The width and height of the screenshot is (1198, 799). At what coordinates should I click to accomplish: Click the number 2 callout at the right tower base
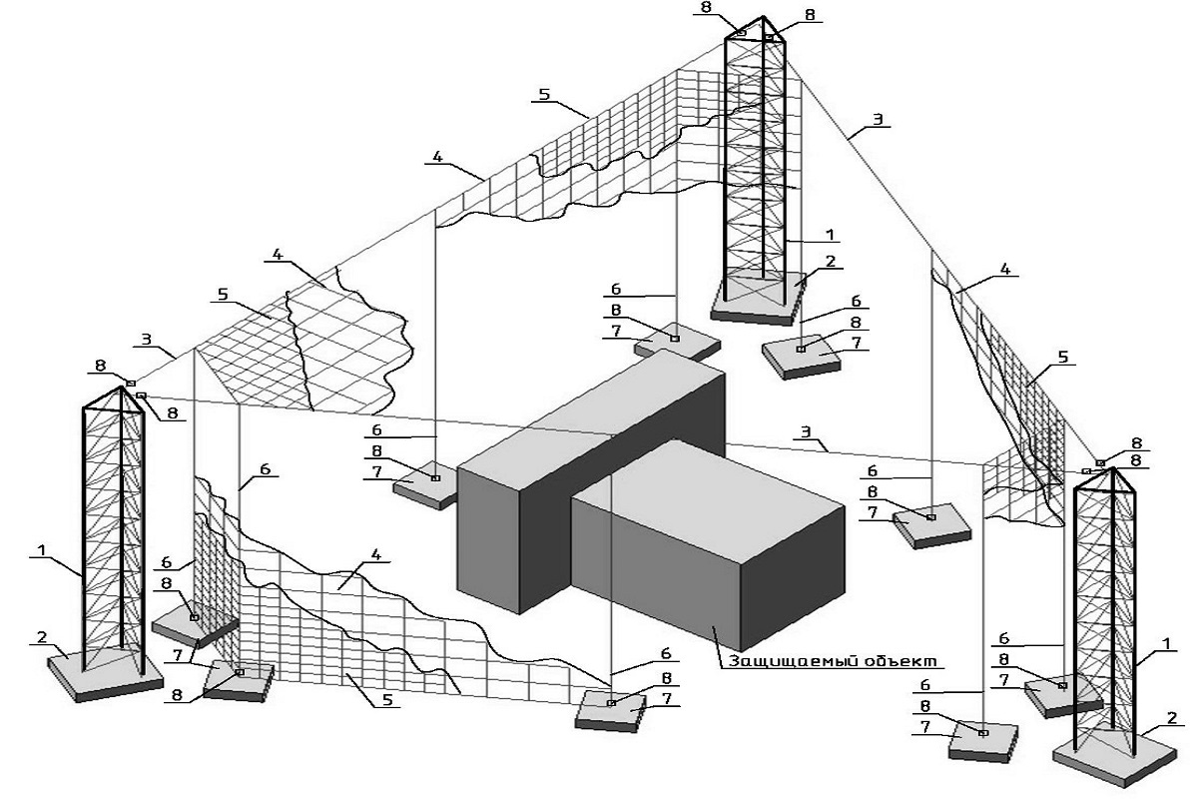pos(1170,717)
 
